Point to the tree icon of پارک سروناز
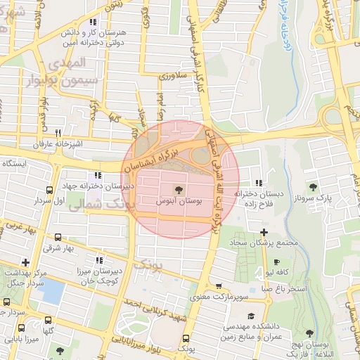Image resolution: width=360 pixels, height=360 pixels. click(x=314, y=187)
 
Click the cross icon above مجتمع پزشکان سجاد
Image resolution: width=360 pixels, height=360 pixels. click(x=263, y=232)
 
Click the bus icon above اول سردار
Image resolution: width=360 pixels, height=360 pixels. click(x=49, y=190)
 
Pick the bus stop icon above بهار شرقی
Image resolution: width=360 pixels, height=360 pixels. click(x=57, y=238)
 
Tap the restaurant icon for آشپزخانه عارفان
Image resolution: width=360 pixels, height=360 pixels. click(x=58, y=133)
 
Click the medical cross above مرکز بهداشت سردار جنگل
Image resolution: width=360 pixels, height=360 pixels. click(x=25, y=262)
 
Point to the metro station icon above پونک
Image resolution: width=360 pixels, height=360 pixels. click(x=185, y=338)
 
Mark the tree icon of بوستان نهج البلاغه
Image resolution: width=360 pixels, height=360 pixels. click(x=310, y=333)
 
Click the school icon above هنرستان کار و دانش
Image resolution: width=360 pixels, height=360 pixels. click(x=91, y=22)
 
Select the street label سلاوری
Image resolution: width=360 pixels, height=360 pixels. click(x=172, y=75)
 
